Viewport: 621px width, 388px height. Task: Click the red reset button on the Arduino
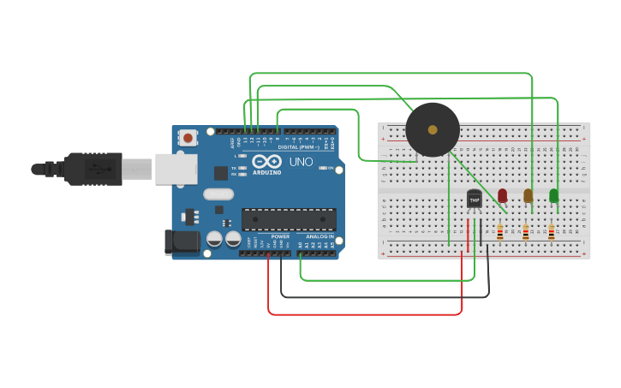click(188, 137)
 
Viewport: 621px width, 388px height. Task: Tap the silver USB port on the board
click(176, 169)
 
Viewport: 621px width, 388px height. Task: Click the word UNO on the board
click(301, 162)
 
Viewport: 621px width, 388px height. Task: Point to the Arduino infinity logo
click(266, 162)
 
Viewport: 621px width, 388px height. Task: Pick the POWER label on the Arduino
click(280, 236)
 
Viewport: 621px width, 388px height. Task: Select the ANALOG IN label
click(319, 236)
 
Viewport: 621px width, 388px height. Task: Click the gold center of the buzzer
click(433, 130)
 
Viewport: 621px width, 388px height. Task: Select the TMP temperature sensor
click(474, 199)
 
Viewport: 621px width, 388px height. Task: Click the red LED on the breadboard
click(502, 195)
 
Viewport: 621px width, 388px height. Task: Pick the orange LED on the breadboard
click(528, 195)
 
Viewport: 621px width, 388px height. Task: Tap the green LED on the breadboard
click(553, 195)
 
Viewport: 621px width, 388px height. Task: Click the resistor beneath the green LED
click(551, 231)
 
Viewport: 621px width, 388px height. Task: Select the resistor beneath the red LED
click(500, 231)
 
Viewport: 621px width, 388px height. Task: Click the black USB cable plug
click(86, 168)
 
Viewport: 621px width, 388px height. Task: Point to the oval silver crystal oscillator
click(218, 194)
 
